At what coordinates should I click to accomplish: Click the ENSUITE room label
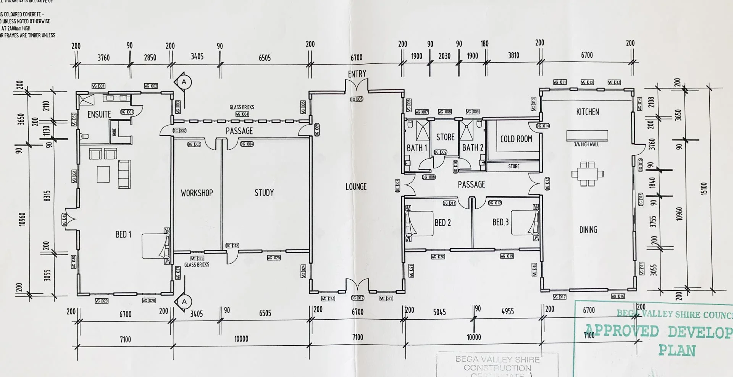[99, 114]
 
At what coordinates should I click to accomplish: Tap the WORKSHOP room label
[197, 193]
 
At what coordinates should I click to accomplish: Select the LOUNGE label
[356, 187]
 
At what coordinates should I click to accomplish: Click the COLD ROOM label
[516, 139]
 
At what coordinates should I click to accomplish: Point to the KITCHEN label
[588, 112]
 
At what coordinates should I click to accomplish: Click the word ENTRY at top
[357, 74]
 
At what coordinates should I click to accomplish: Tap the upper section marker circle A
[184, 82]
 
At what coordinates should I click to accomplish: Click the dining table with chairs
[588, 174]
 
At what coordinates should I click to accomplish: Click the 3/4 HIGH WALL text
[586, 144]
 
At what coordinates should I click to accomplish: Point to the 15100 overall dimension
[704, 189]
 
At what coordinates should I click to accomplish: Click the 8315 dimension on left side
[47, 196]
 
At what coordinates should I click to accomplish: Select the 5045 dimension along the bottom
[439, 312]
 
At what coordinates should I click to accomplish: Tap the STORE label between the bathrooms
[445, 137]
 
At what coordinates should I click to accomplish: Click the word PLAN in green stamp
[677, 351]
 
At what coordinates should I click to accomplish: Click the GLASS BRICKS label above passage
[242, 107]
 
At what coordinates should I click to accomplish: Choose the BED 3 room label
[501, 222]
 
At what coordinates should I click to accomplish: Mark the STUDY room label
[264, 193]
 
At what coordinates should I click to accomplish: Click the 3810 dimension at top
[513, 56]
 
